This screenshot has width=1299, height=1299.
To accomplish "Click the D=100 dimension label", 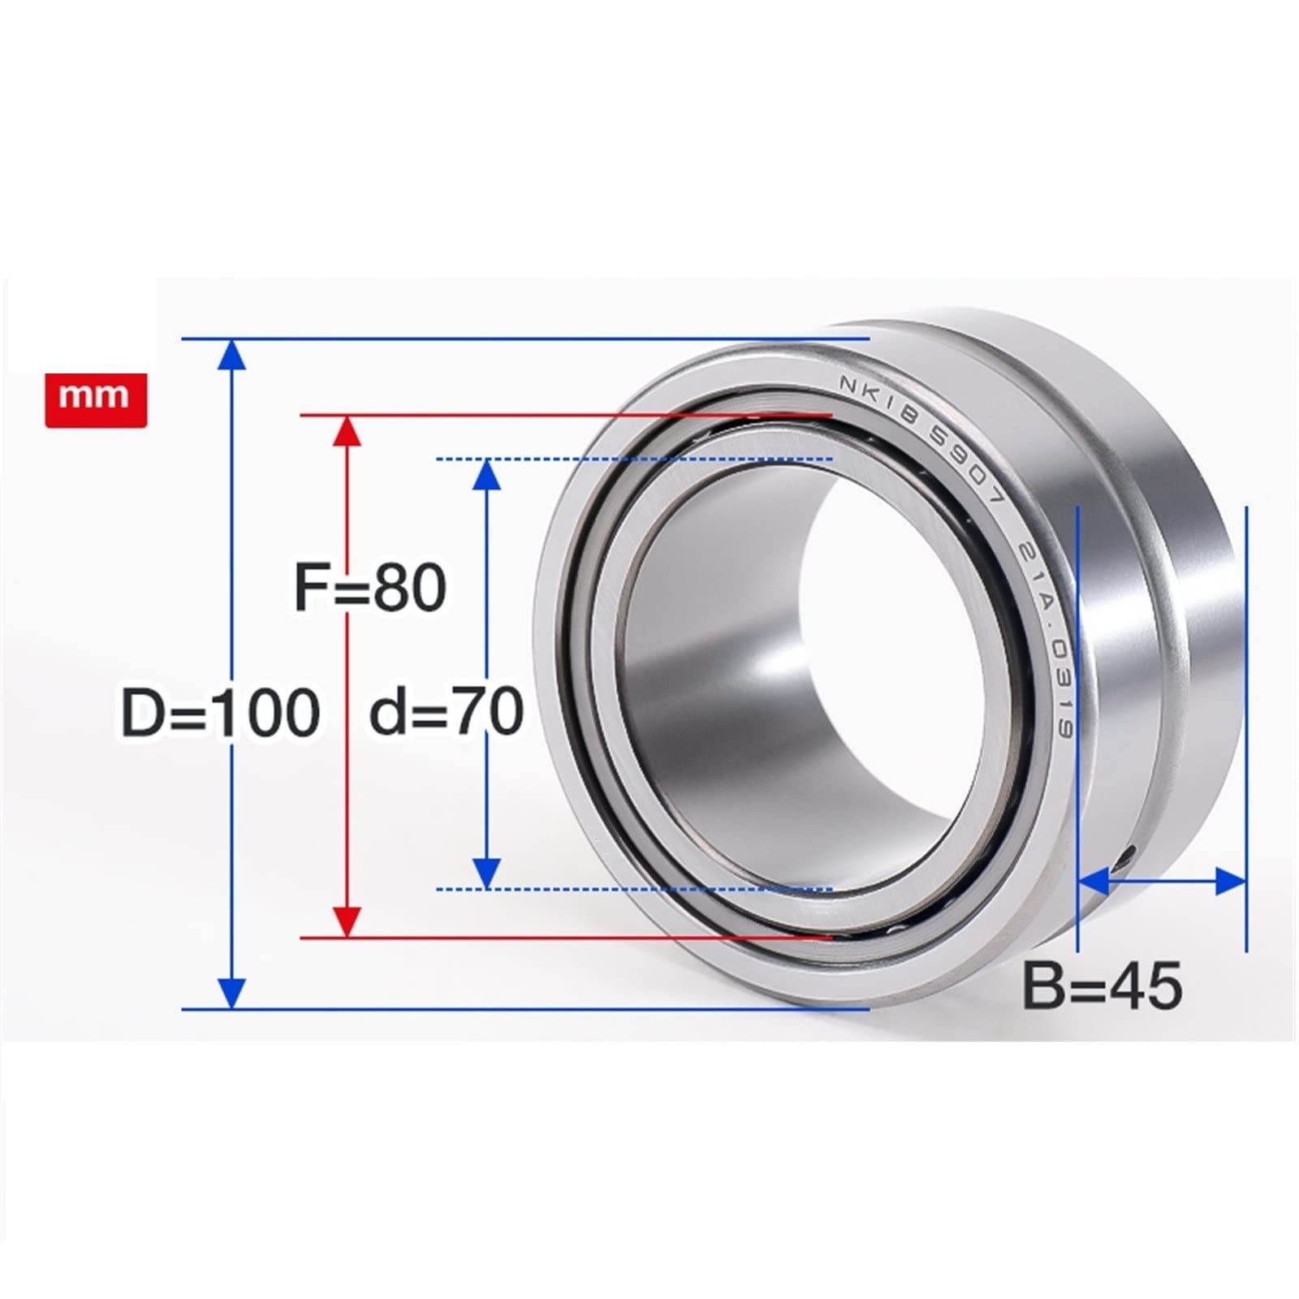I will (x=220, y=713).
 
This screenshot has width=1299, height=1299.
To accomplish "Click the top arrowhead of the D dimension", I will (x=232, y=355).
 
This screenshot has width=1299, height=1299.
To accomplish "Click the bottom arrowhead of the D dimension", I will (x=232, y=992).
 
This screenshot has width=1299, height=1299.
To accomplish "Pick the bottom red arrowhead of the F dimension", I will (x=347, y=922).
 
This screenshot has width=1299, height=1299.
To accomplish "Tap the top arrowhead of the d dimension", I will (x=486, y=474).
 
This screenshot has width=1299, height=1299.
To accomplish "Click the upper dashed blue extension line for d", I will (x=633, y=460).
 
